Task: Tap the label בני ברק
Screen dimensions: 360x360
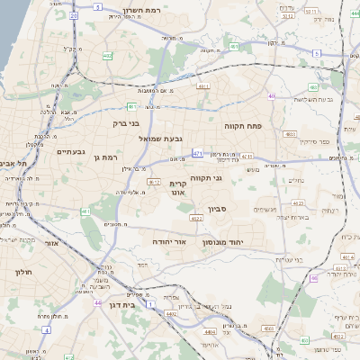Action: pos(126,123)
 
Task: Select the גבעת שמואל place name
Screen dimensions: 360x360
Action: pos(161,139)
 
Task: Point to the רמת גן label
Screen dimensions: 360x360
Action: pos(105,157)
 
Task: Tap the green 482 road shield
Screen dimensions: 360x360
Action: pos(108,56)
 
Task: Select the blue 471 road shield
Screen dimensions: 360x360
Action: pos(196,154)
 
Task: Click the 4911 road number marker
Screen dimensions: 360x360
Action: pos(203,86)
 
